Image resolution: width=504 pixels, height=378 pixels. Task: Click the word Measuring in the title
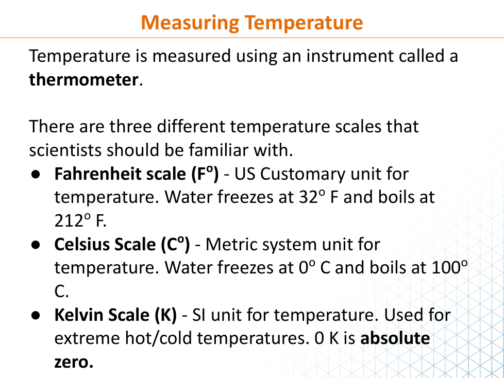tap(190, 23)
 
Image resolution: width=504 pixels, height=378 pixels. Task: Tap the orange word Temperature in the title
tap(304, 23)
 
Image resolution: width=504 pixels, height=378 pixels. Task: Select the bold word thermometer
tap(83, 79)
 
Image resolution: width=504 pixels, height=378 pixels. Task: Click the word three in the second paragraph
tap(130, 126)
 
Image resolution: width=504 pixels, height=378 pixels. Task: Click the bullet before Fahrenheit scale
tap(36, 174)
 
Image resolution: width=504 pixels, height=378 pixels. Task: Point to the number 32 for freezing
tap(308, 197)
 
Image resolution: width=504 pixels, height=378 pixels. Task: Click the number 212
tap(69, 221)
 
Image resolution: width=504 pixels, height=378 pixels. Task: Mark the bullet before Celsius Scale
tap(36, 245)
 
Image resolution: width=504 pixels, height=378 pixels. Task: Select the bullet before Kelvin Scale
tap(36, 315)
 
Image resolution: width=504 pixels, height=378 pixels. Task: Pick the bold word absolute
tap(395, 338)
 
